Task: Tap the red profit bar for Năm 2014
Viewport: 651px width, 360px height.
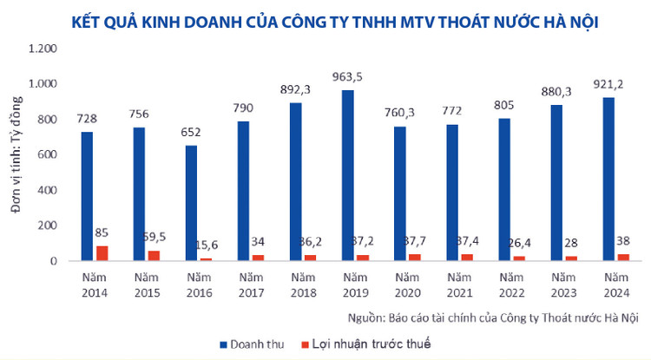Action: point(102,253)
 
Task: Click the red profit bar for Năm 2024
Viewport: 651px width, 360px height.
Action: point(623,258)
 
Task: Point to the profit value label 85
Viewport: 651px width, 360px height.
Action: point(102,233)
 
